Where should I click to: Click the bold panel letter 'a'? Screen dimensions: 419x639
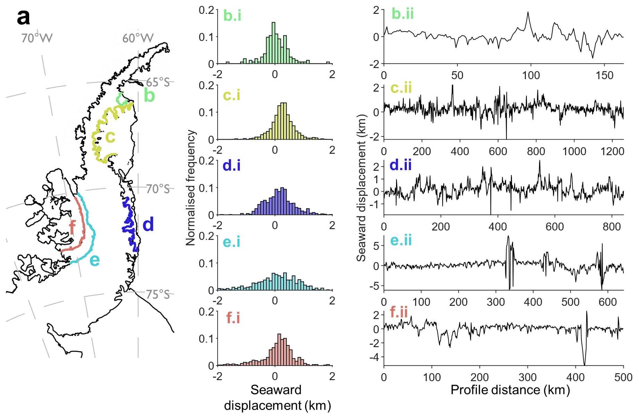(23, 17)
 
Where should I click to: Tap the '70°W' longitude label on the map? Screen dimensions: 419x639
(37, 38)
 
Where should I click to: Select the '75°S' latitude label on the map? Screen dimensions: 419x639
(158, 294)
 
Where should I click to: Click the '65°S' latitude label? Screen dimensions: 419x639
(158, 82)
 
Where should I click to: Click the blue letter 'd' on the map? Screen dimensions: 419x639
(148, 225)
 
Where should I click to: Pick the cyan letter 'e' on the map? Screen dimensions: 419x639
(95, 260)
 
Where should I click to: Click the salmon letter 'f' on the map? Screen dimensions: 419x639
(72, 228)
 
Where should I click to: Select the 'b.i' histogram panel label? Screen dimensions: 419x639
(232, 16)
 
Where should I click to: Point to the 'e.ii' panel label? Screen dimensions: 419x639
(401, 240)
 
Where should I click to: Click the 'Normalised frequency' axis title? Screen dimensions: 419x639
(191, 187)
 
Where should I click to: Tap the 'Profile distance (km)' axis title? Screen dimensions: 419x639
(510, 390)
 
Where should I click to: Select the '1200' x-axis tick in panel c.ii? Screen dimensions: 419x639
(613, 151)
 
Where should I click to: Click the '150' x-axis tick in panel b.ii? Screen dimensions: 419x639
(604, 75)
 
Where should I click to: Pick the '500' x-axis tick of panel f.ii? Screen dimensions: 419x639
(623, 377)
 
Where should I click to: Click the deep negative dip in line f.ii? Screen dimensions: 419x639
(585, 364)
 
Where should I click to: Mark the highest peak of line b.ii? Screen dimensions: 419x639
(528, 12)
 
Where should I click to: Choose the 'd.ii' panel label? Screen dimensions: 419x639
(401, 165)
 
